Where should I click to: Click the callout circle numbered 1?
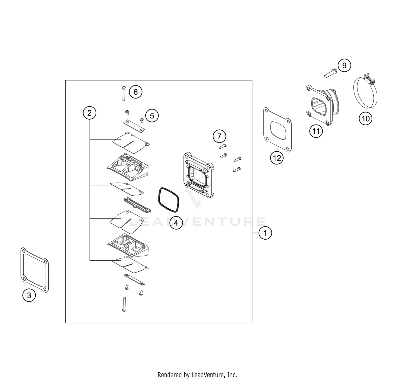click(265, 233)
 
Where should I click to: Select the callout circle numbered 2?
click(90, 113)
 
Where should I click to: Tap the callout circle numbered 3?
click(29, 295)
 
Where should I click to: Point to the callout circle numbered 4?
click(176, 223)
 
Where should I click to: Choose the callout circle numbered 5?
click(152, 116)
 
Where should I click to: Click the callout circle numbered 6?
click(136, 92)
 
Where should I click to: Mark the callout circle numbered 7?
click(219, 136)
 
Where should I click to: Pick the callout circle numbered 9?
click(344, 65)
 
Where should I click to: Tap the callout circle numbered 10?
click(366, 119)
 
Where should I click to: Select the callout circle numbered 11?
click(316, 131)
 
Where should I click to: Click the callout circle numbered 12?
click(277, 158)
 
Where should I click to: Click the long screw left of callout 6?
click(124, 93)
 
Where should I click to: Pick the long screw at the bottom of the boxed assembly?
click(124, 304)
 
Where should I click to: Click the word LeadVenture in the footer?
click(212, 374)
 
